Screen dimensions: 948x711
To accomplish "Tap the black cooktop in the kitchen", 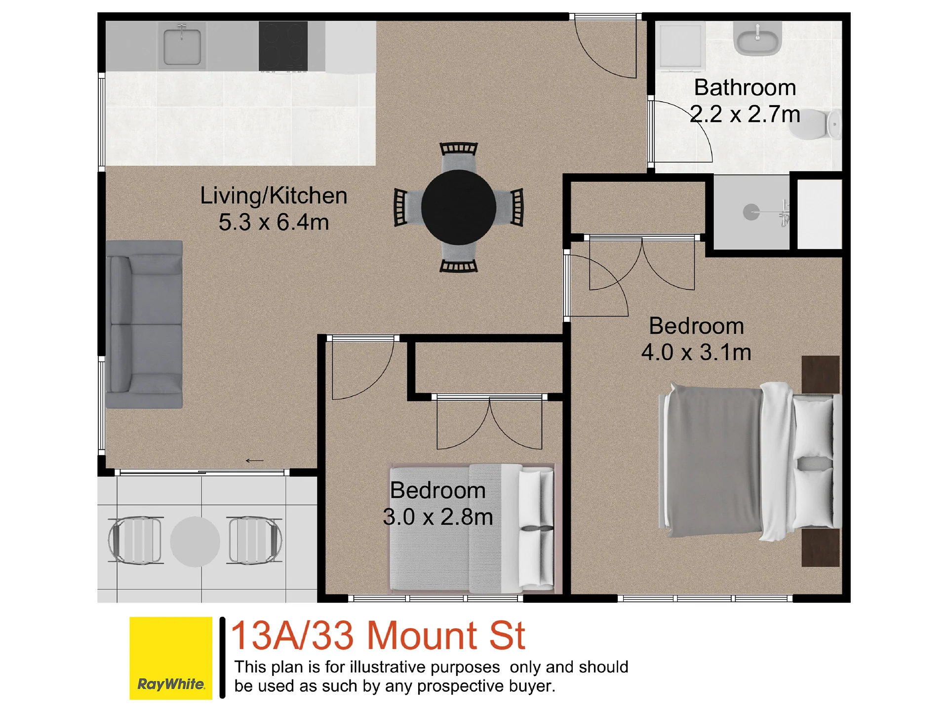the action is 283,46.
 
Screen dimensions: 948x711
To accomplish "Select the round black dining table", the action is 459,207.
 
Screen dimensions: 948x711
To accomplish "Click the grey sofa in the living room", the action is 144,324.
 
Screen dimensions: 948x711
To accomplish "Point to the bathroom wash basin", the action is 757,38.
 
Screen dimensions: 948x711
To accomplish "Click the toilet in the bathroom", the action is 815,124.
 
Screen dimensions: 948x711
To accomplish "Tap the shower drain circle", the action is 751,212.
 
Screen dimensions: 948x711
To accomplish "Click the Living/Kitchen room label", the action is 274,196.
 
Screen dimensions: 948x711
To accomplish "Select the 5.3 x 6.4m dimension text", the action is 274,222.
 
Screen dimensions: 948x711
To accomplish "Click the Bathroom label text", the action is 745,87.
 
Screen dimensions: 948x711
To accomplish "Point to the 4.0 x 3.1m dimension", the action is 696,352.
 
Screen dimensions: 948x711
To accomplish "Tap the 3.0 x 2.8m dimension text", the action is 438,517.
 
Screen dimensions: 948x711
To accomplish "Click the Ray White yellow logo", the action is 171,658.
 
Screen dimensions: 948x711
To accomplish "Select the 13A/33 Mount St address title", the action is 378,635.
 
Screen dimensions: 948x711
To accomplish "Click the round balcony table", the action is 195,542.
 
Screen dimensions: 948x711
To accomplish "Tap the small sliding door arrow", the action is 255,461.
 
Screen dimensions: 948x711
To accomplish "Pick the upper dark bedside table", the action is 821,374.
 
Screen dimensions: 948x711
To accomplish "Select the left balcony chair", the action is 136,541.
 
